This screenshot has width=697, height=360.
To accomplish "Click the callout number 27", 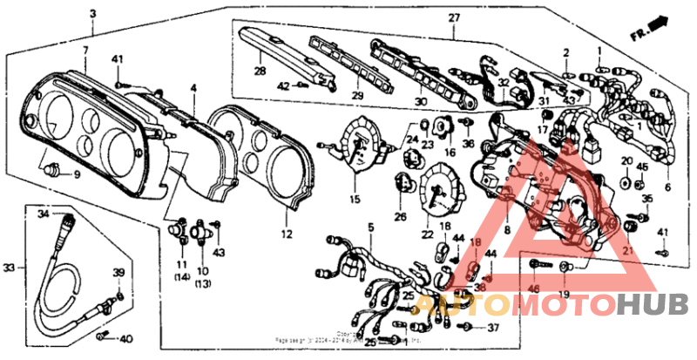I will (454, 19).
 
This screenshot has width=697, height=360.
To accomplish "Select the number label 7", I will (85, 51).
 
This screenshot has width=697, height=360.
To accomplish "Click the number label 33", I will (9, 267).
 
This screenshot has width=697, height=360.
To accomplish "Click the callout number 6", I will (668, 187).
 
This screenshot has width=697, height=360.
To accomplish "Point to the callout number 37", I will (493, 328).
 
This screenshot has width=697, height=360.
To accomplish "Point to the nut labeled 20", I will (626, 182).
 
